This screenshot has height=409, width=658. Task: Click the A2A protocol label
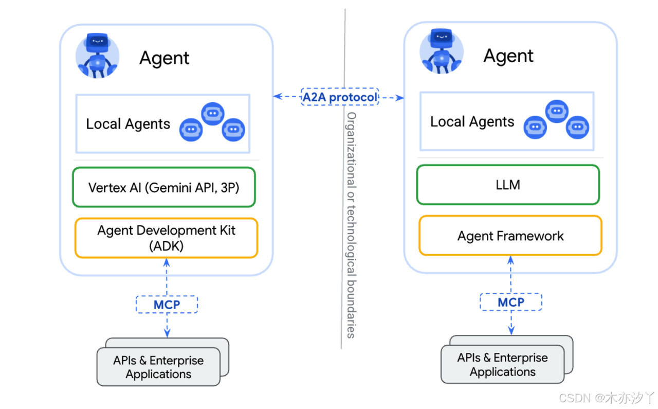[340, 97]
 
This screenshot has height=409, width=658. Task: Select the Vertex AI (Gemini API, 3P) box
[164, 187]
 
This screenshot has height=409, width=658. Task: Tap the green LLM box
[508, 185]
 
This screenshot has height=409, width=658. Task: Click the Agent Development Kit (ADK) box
[166, 238]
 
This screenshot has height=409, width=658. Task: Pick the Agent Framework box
[510, 236]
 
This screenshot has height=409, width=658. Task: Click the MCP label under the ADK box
[167, 305]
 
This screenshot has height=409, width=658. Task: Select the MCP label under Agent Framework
[511, 302]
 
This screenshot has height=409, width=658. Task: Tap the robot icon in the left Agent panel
[98, 56]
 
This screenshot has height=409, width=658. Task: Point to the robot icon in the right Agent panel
[442, 51]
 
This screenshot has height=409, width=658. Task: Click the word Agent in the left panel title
[164, 58]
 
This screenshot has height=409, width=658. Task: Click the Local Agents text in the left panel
[128, 124]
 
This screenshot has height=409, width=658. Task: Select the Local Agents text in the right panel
[472, 121]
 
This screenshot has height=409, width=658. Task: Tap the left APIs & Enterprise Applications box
[159, 366]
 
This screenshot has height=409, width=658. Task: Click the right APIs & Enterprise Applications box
[503, 364]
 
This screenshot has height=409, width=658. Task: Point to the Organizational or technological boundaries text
[351, 225]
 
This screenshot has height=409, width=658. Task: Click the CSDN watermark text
[606, 398]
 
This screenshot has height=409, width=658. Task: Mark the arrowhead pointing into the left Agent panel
[278, 96]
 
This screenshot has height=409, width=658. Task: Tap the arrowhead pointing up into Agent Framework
[511, 260]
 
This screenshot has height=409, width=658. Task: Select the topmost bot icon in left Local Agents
[213, 114]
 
